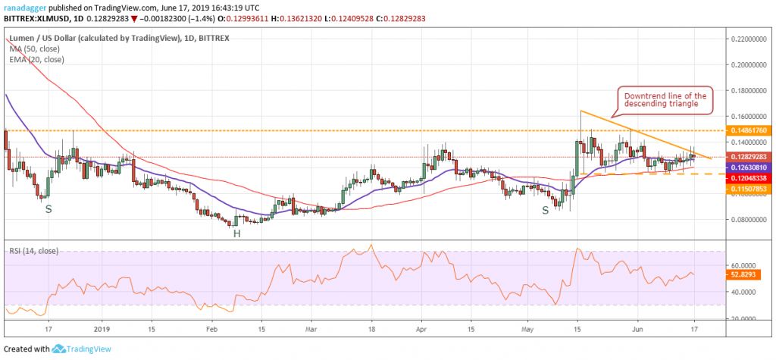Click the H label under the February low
coord(237,233)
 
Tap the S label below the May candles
coord(545,209)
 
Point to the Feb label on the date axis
coord(211,330)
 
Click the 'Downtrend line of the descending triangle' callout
coord(665,101)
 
